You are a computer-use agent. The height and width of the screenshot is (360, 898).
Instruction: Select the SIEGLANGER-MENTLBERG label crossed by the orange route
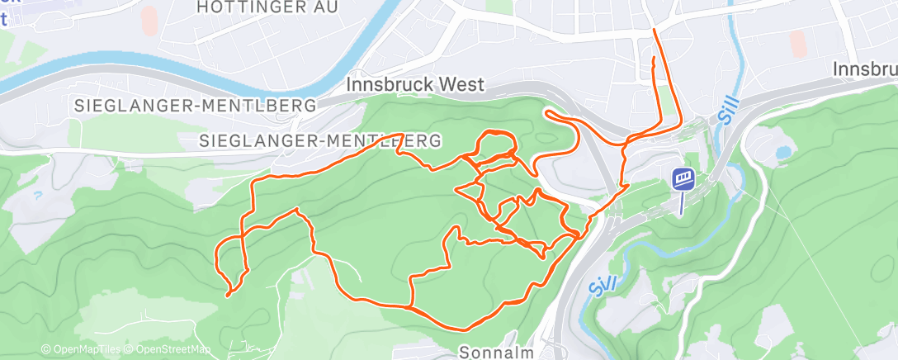click(x=319, y=141)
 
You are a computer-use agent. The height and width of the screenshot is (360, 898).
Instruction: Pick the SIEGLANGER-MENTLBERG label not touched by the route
click(x=195, y=106)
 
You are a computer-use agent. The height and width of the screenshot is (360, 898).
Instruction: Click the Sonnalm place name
click(x=492, y=350)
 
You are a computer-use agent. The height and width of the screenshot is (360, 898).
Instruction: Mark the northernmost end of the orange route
click(x=655, y=31)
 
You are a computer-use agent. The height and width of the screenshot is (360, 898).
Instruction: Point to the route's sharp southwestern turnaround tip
click(x=228, y=293)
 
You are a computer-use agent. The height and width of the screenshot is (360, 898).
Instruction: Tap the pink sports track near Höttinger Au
click(x=149, y=20)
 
